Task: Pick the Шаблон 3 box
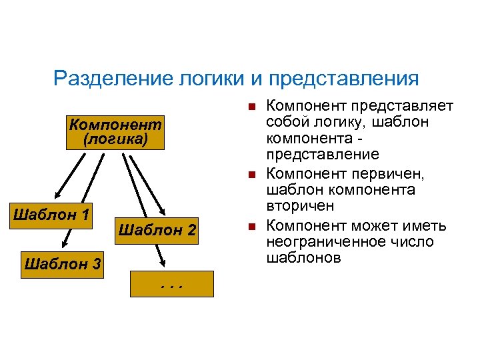(x=62, y=264)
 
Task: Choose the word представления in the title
(x=344, y=79)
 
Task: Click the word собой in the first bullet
(x=285, y=123)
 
